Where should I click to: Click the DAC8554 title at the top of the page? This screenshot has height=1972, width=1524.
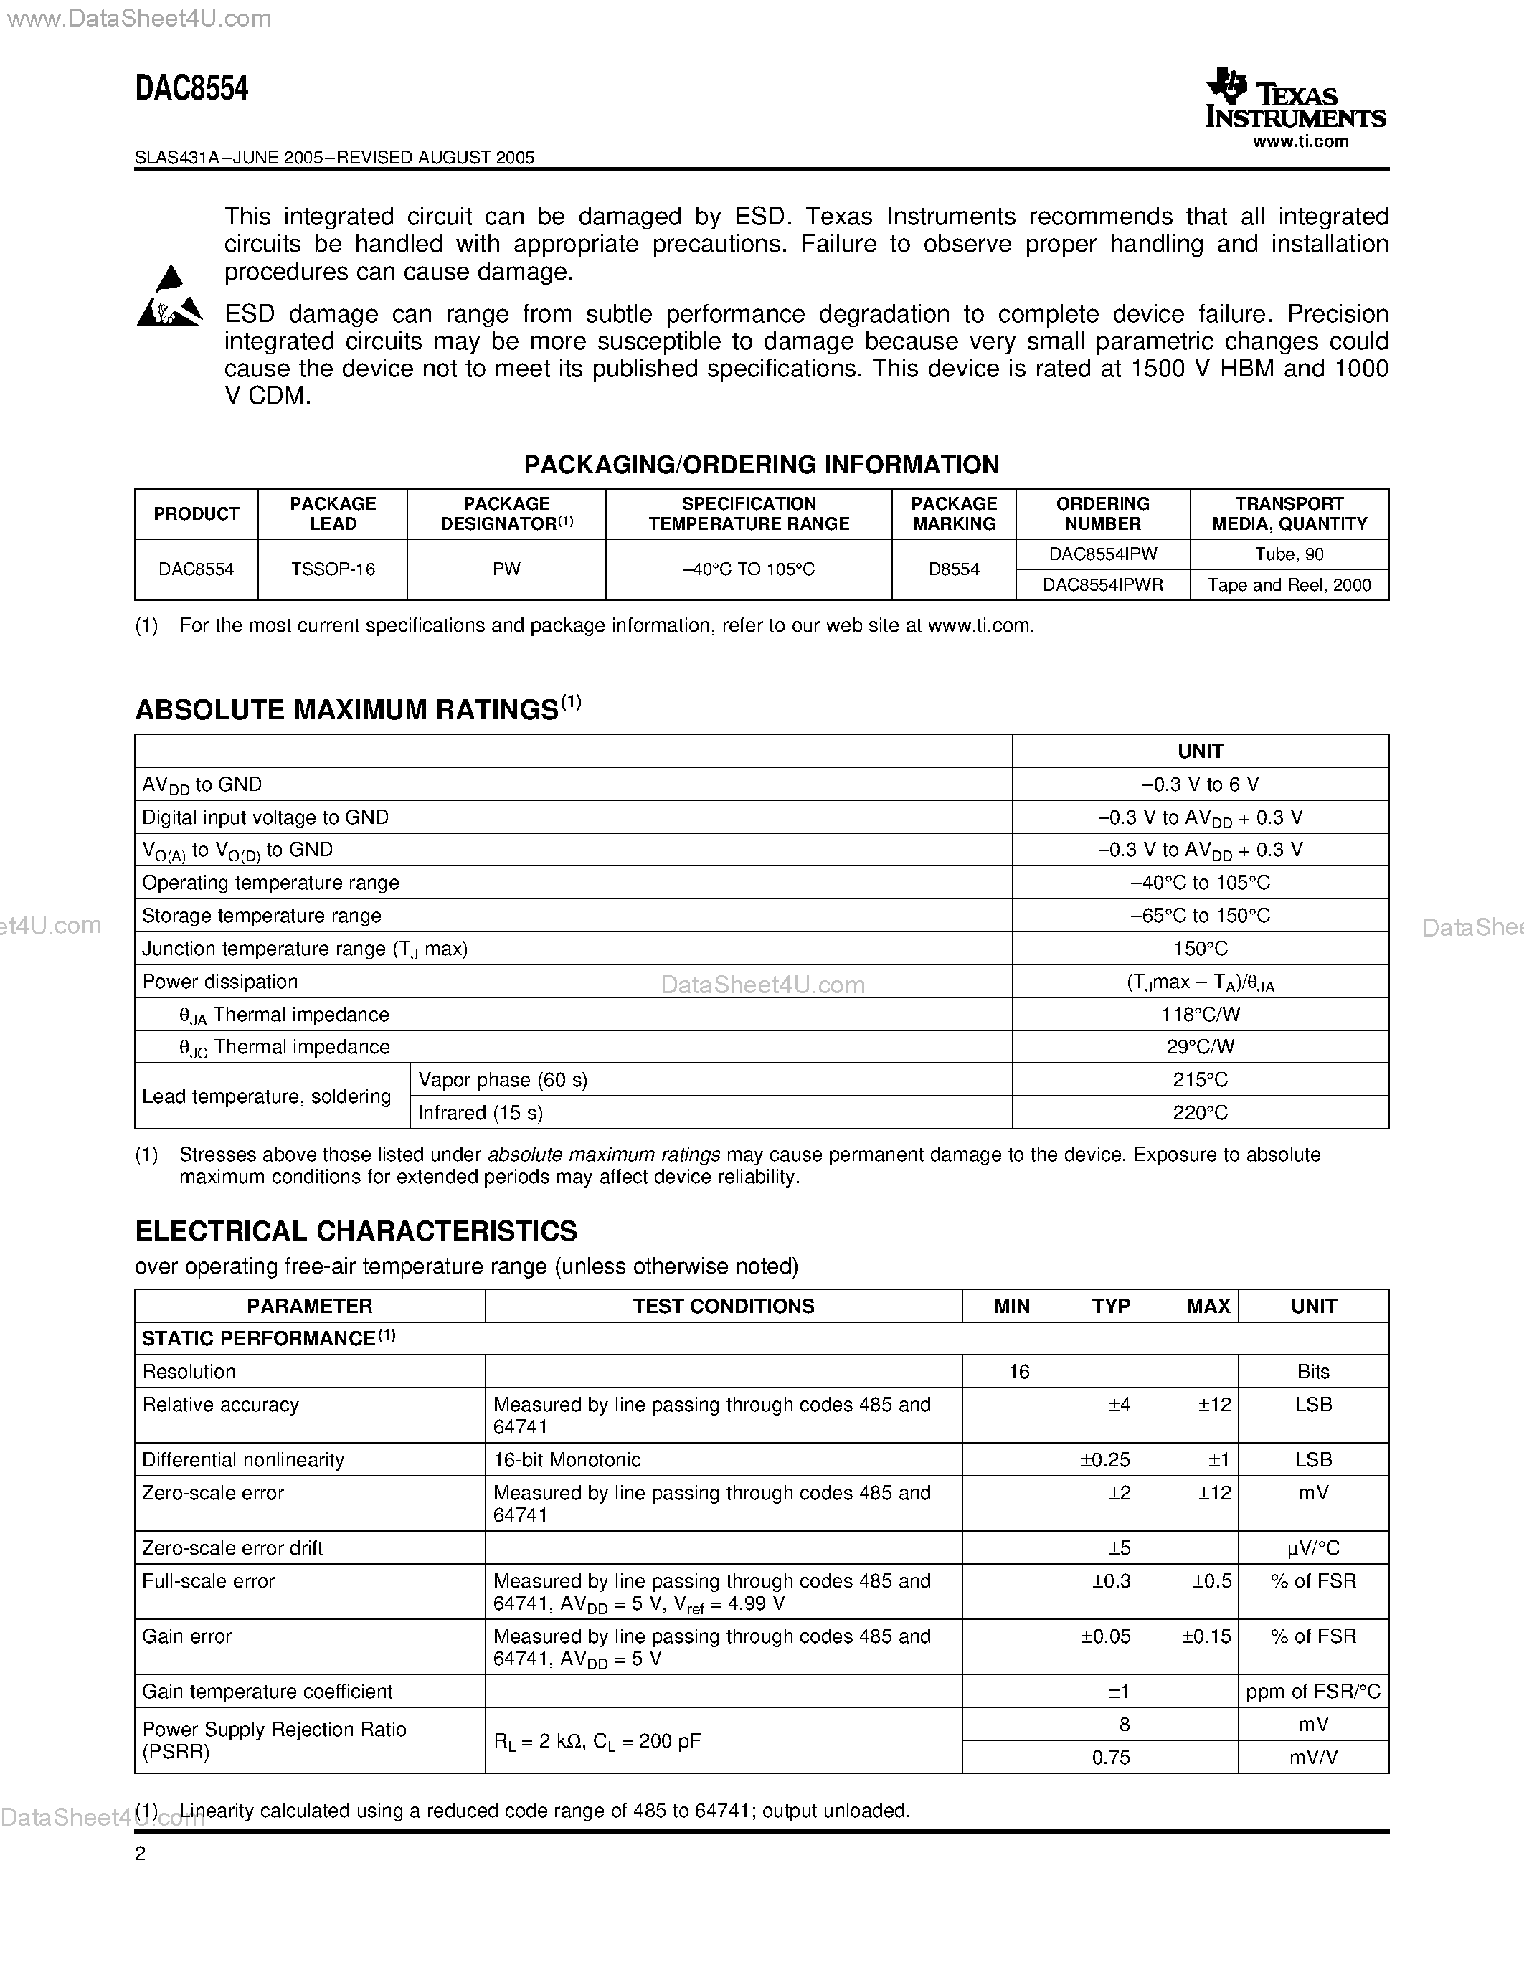point(191,88)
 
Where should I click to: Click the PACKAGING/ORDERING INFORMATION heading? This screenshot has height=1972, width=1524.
point(761,464)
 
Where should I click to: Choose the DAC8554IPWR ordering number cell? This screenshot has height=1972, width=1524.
point(1102,585)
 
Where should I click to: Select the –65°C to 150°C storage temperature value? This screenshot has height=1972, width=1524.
point(1200,916)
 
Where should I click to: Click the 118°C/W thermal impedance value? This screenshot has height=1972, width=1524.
point(1200,1014)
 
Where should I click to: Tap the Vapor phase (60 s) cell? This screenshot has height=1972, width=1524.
point(503,1080)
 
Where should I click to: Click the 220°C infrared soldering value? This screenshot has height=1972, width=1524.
point(1200,1112)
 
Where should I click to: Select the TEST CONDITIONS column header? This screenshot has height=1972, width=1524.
point(723,1306)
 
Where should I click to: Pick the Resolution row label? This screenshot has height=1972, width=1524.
point(189,1372)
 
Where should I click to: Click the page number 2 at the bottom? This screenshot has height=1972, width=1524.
point(140,1854)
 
